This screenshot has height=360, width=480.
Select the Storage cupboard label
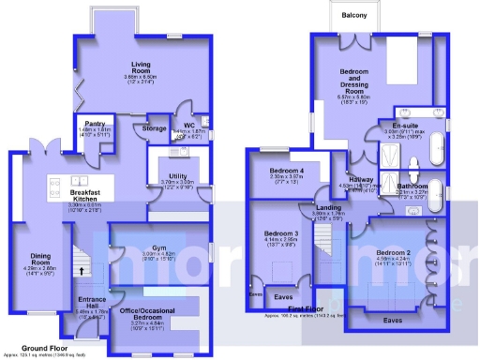pos(155,127)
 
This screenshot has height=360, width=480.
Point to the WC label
pos(188,125)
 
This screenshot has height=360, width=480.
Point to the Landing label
pos(328,207)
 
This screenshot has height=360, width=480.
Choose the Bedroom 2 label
pos(394,253)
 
